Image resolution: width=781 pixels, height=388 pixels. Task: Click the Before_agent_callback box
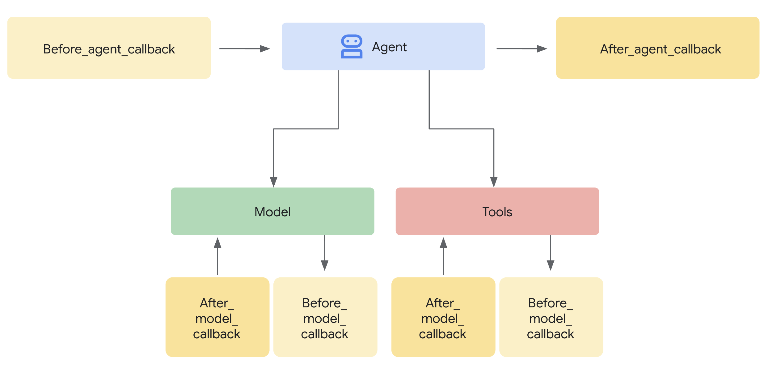click(109, 48)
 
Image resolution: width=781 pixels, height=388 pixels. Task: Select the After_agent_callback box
click(657, 48)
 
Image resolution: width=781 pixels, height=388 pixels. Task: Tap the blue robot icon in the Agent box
click(352, 46)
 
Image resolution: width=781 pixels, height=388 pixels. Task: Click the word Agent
click(389, 47)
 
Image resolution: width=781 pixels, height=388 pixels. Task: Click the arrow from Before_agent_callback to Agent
click(245, 48)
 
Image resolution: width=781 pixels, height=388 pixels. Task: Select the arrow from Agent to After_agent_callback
click(522, 48)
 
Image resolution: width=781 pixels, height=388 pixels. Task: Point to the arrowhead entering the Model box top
click(273, 182)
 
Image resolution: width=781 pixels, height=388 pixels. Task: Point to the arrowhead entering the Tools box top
click(494, 182)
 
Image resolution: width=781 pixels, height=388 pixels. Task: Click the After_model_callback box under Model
click(217, 317)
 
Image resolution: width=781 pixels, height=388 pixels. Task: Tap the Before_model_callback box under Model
click(325, 317)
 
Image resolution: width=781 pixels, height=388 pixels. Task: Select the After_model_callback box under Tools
click(443, 317)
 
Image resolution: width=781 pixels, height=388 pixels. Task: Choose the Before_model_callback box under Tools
click(551, 317)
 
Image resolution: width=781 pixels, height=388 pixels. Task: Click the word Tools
click(497, 212)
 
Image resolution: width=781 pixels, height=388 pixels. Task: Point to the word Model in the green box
click(272, 212)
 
